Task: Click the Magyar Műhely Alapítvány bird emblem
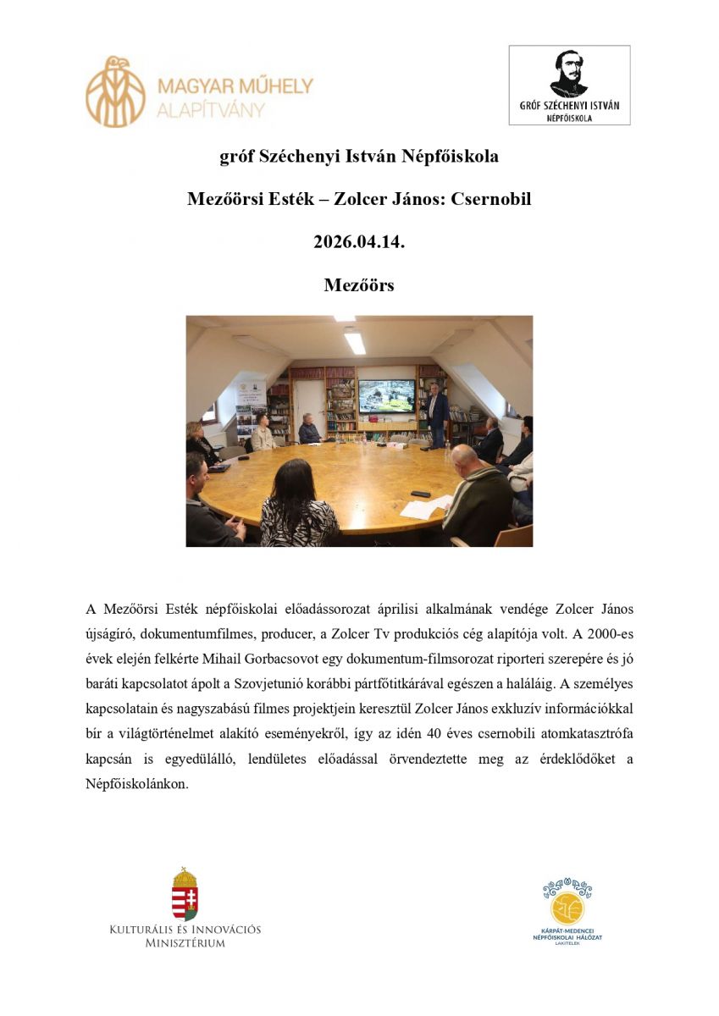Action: pyautogui.click(x=116, y=91)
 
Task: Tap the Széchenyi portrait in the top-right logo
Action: pyautogui.click(x=569, y=75)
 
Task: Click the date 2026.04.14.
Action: pyautogui.click(x=359, y=242)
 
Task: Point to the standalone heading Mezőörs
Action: pyautogui.click(x=359, y=285)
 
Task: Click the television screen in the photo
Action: pyautogui.click(x=386, y=395)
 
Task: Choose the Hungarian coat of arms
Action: pyautogui.click(x=185, y=894)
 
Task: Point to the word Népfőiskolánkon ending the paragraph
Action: pyautogui.click(x=137, y=783)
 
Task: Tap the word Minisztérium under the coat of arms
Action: pyautogui.click(x=185, y=943)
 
